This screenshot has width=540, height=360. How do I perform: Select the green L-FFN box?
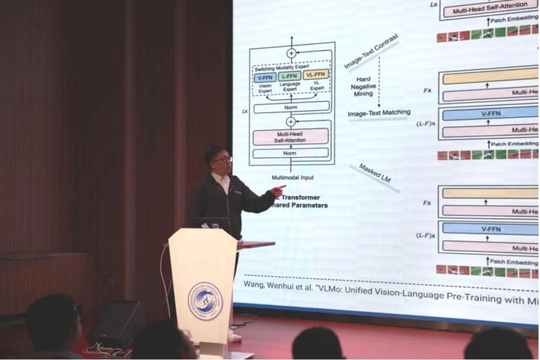tap(290, 76)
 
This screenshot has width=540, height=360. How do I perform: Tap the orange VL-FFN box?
tap(315, 74)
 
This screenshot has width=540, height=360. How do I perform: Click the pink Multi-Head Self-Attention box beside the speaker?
tap(290, 137)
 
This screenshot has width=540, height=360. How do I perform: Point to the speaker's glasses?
tap(222, 159)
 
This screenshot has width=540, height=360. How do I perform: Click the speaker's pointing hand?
tap(277, 190)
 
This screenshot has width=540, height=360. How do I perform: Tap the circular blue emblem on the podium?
tap(205, 300)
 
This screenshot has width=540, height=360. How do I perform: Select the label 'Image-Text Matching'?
tap(379, 113)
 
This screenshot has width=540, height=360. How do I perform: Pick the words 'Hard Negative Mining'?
tap(364, 86)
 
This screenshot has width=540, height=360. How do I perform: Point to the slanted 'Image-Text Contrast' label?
tap(371, 51)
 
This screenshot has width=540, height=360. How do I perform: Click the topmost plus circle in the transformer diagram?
tap(291, 53)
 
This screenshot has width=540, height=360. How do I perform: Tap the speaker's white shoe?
tap(234, 336)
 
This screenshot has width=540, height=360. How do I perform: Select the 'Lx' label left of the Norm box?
tap(244, 111)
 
